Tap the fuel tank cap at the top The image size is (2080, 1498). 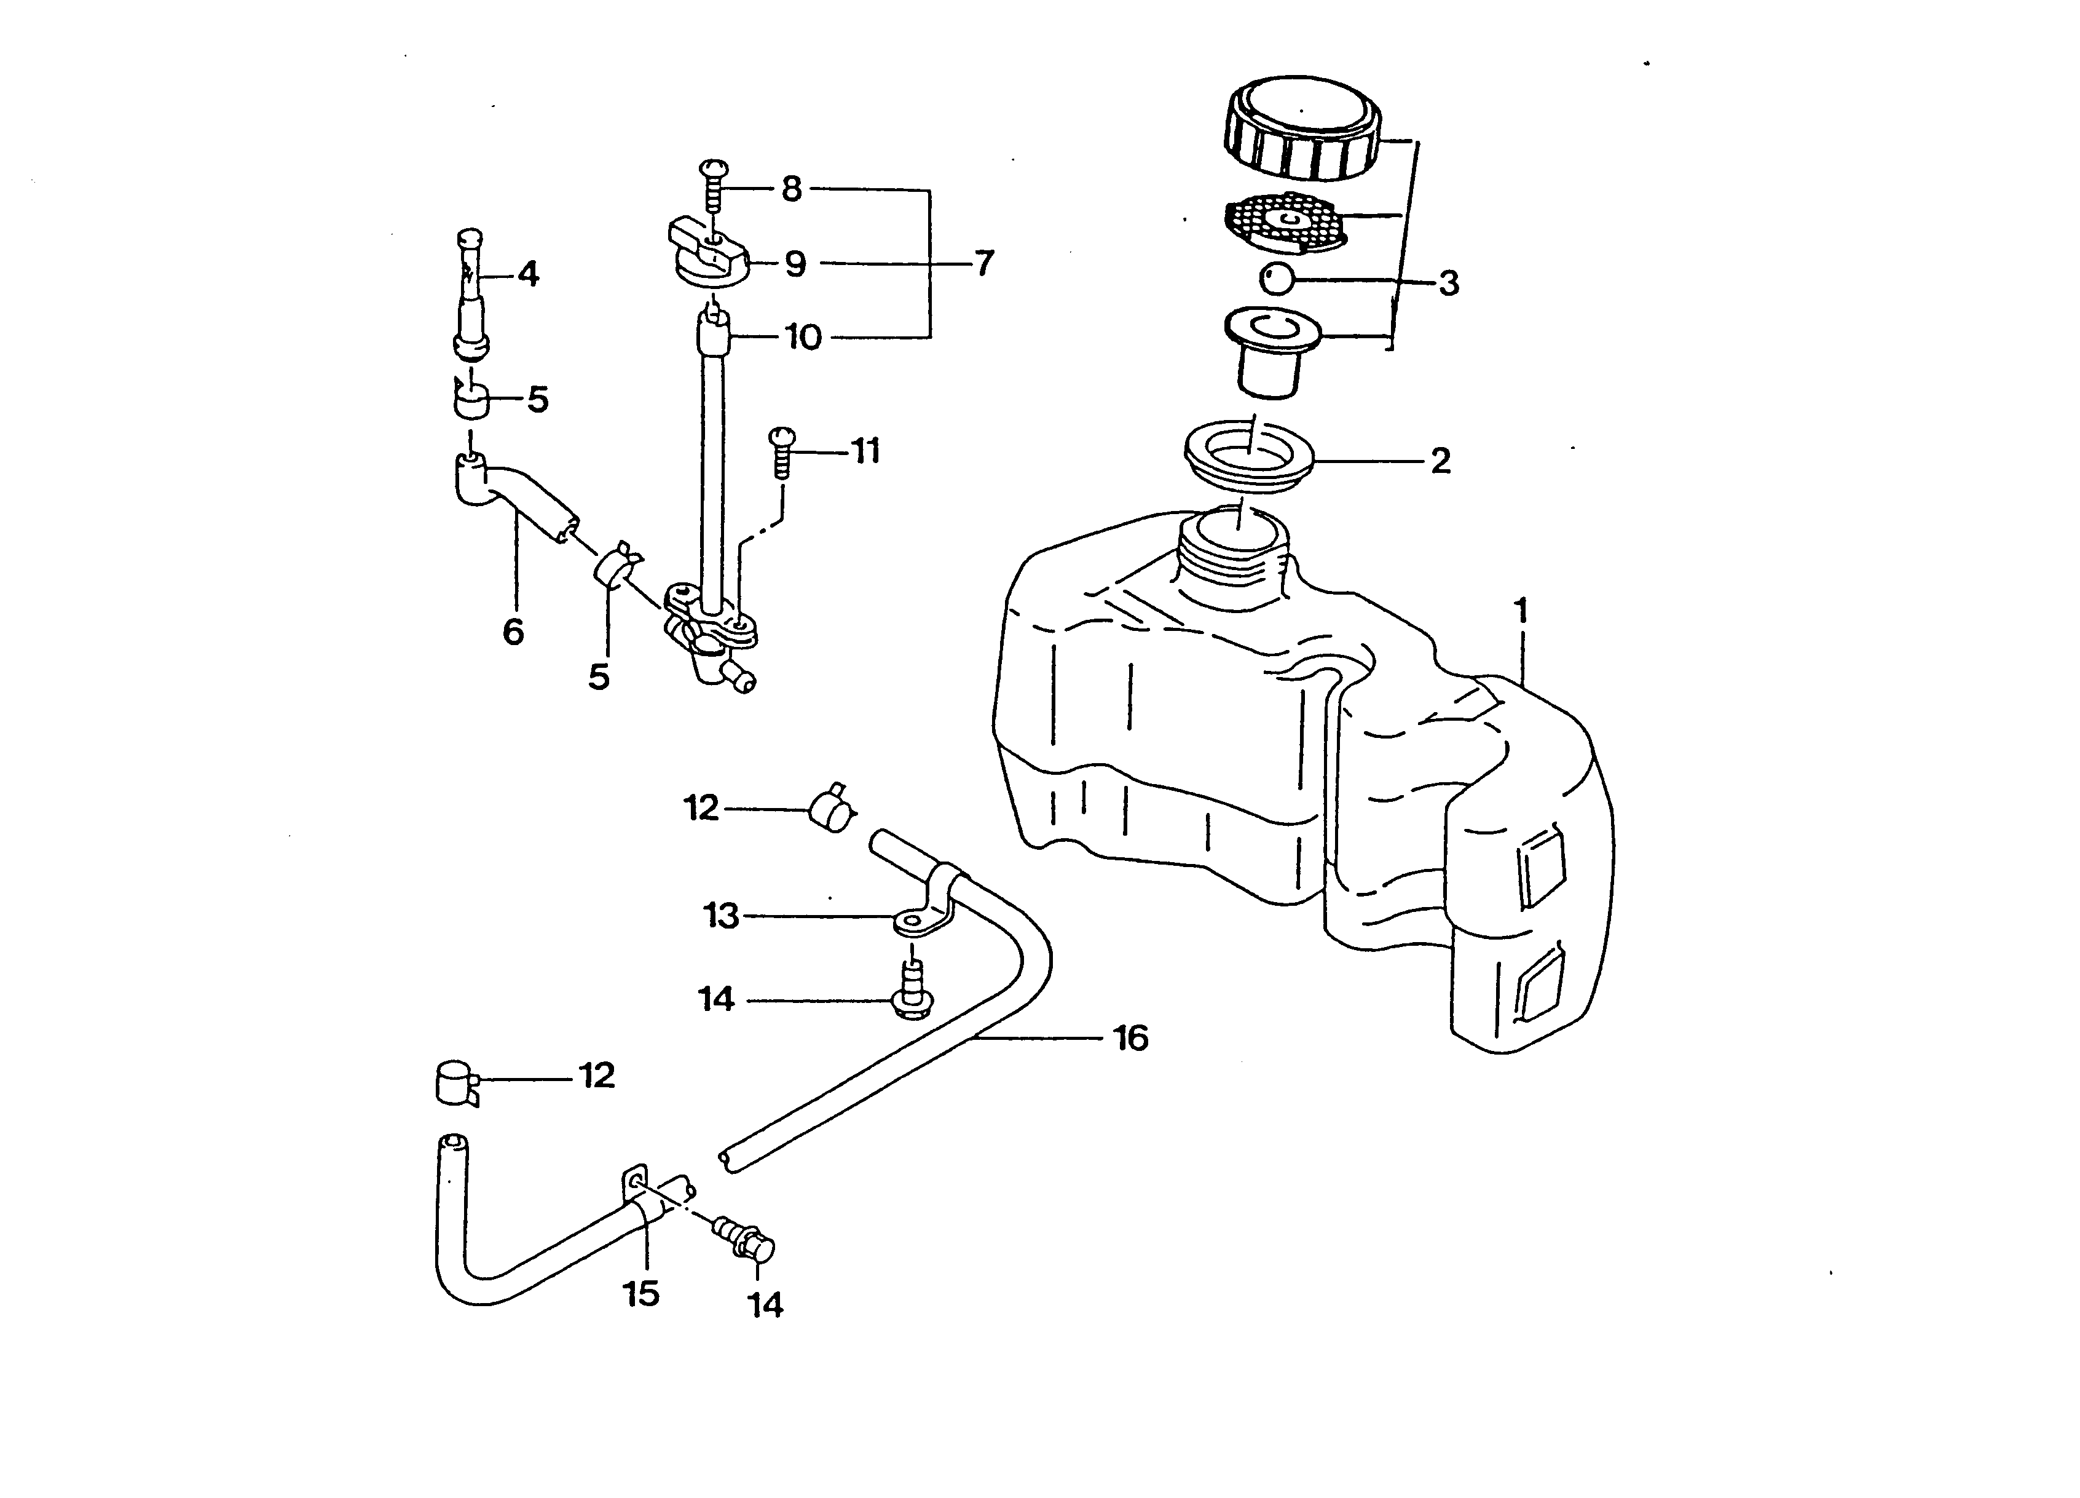coord(1301,129)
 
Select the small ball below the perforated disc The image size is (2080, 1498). coord(1275,278)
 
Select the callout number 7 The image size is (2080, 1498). coord(983,263)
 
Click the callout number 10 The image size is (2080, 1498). coord(803,338)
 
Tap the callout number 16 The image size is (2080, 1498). coord(1131,1039)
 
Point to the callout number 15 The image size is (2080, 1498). coord(641,1293)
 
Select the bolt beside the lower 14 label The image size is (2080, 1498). coord(750,1238)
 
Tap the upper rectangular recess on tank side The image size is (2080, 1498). coord(1542,867)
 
